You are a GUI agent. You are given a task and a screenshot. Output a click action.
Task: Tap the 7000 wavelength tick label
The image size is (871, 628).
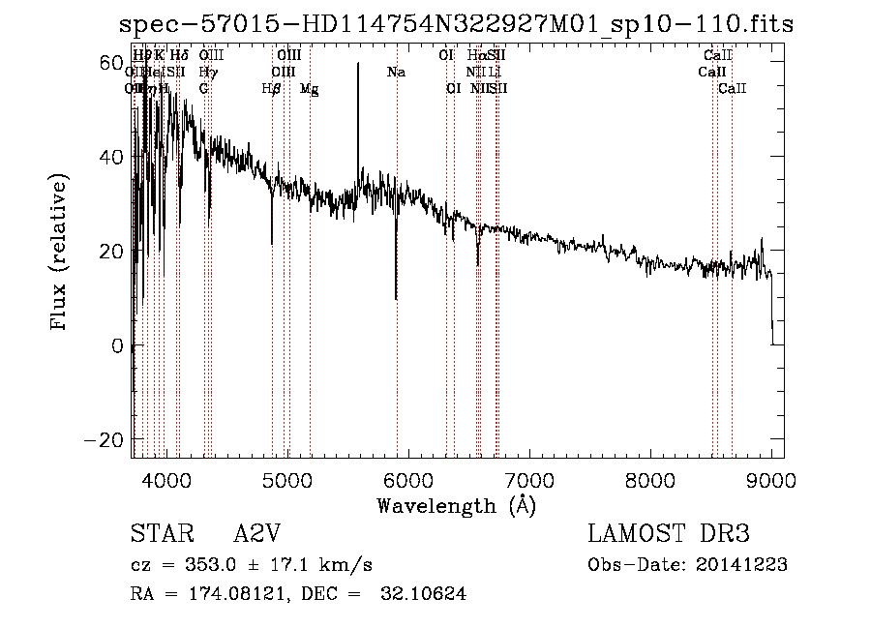click(x=529, y=479)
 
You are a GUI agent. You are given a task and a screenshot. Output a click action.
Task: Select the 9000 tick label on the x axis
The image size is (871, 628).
click(x=771, y=479)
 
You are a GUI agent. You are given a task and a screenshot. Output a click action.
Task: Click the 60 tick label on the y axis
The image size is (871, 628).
click(x=110, y=63)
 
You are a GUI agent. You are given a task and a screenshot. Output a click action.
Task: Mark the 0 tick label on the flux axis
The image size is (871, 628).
click(x=118, y=345)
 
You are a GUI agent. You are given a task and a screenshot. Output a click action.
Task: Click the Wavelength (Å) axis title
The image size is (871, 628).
click(x=456, y=505)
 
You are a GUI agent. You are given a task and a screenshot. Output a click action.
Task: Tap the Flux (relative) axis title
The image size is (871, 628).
click(x=60, y=252)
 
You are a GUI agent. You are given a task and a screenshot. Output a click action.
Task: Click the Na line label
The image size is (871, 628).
click(x=396, y=72)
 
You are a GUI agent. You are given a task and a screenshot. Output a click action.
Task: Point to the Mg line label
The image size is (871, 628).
click(x=310, y=89)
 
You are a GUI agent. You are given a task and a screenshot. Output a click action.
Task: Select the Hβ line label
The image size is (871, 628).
click(x=272, y=88)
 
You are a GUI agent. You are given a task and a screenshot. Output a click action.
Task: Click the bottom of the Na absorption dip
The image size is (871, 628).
click(x=396, y=299)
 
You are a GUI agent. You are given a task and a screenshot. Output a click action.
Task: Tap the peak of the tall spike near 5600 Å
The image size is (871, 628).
click(x=358, y=64)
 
